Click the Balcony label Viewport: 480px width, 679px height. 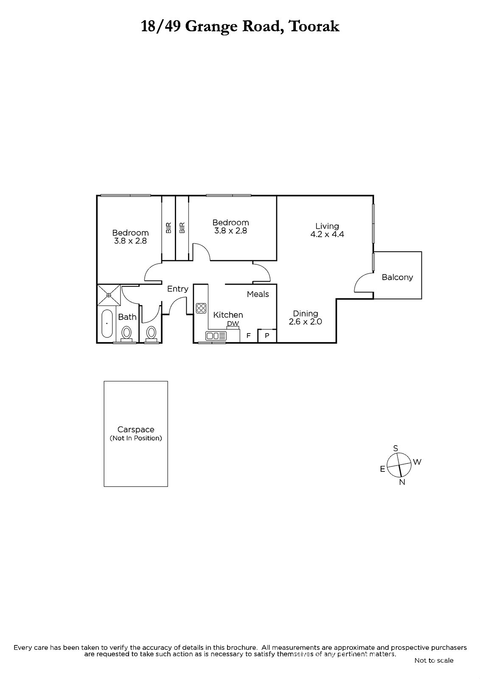click(x=397, y=277)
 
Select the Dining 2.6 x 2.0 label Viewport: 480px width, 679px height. click(x=305, y=317)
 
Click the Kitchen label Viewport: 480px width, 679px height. click(x=228, y=314)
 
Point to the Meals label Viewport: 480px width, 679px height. click(x=258, y=294)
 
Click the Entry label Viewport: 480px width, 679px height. click(x=177, y=289)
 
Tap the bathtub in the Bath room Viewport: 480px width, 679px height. click(x=107, y=323)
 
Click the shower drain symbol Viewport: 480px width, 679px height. click(x=109, y=295)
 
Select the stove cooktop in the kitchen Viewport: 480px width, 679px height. click(x=201, y=307)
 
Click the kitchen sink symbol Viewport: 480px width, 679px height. click(x=216, y=336)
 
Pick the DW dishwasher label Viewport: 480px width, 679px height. click(x=233, y=324)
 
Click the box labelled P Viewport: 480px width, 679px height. click(x=267, y=336)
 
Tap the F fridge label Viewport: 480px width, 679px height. click(x=249, y=336)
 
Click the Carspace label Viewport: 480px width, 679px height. click(x=136, y=429)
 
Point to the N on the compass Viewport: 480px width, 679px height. click(x=402, y=482)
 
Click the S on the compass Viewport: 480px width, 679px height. click(x=396, y=449)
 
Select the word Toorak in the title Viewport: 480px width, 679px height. click(x=314, y=26)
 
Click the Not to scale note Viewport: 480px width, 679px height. click(x=434, y=660)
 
